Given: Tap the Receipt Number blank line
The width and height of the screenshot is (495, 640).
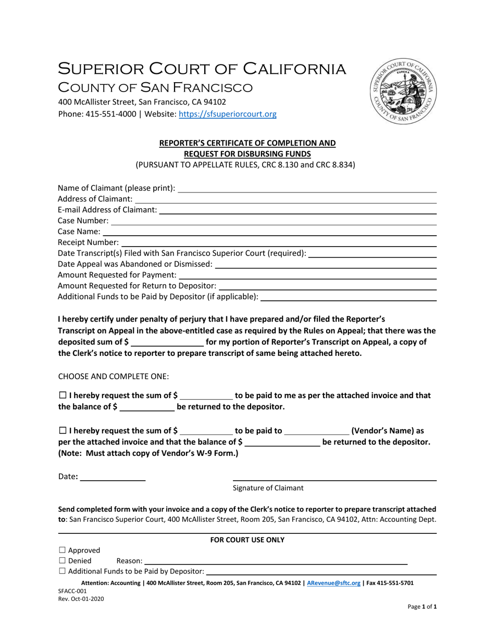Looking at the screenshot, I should [278, 242].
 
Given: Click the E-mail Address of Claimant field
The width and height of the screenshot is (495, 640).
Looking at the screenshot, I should [298, 210].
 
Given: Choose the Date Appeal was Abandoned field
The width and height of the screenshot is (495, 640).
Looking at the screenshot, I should [326, 264].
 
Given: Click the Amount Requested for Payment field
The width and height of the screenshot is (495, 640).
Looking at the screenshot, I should [307, 275].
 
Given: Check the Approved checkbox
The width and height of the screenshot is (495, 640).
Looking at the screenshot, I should [63, 550].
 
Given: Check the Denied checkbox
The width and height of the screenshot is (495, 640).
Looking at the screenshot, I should [63, 561].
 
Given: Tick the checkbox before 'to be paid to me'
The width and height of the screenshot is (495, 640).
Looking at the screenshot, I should [63, 395].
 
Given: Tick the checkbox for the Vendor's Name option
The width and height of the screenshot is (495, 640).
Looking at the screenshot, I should [63, 431].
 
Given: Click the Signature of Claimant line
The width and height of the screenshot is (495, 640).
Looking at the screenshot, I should [334, 478].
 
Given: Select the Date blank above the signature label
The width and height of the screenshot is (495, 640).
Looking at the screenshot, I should [113, 478].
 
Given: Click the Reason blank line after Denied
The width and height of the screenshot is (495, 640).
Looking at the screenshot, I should [275, 561].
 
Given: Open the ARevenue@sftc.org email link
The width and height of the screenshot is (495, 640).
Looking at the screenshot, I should [334, 583].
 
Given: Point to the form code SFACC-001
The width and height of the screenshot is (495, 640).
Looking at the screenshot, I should [72, 591].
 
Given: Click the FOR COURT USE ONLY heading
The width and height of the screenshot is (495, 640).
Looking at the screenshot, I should [247, 540].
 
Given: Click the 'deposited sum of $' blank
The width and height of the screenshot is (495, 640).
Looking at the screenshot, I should [167, 342].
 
